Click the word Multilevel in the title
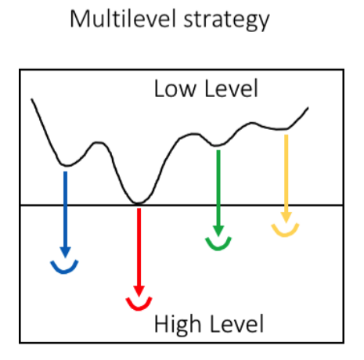[123, 19]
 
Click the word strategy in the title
[226, 20]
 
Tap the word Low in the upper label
[175, 88]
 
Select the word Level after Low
[231, 88]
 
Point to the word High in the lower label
[178, 324]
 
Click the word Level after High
[236, 324]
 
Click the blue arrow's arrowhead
[65, 252]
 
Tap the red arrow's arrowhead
[139, 291]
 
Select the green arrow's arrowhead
[218, 231]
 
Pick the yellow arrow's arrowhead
[287, 218]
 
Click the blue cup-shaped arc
[64, 272]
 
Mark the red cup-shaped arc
[139, 308]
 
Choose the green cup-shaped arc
[218, 248]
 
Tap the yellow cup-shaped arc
[285, 235]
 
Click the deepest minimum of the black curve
[138, 203]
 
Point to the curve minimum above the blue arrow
[67, 165]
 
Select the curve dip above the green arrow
[217, 145]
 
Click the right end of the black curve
[308, 107]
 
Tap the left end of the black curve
[31, 99]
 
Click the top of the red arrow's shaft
[139, 209]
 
